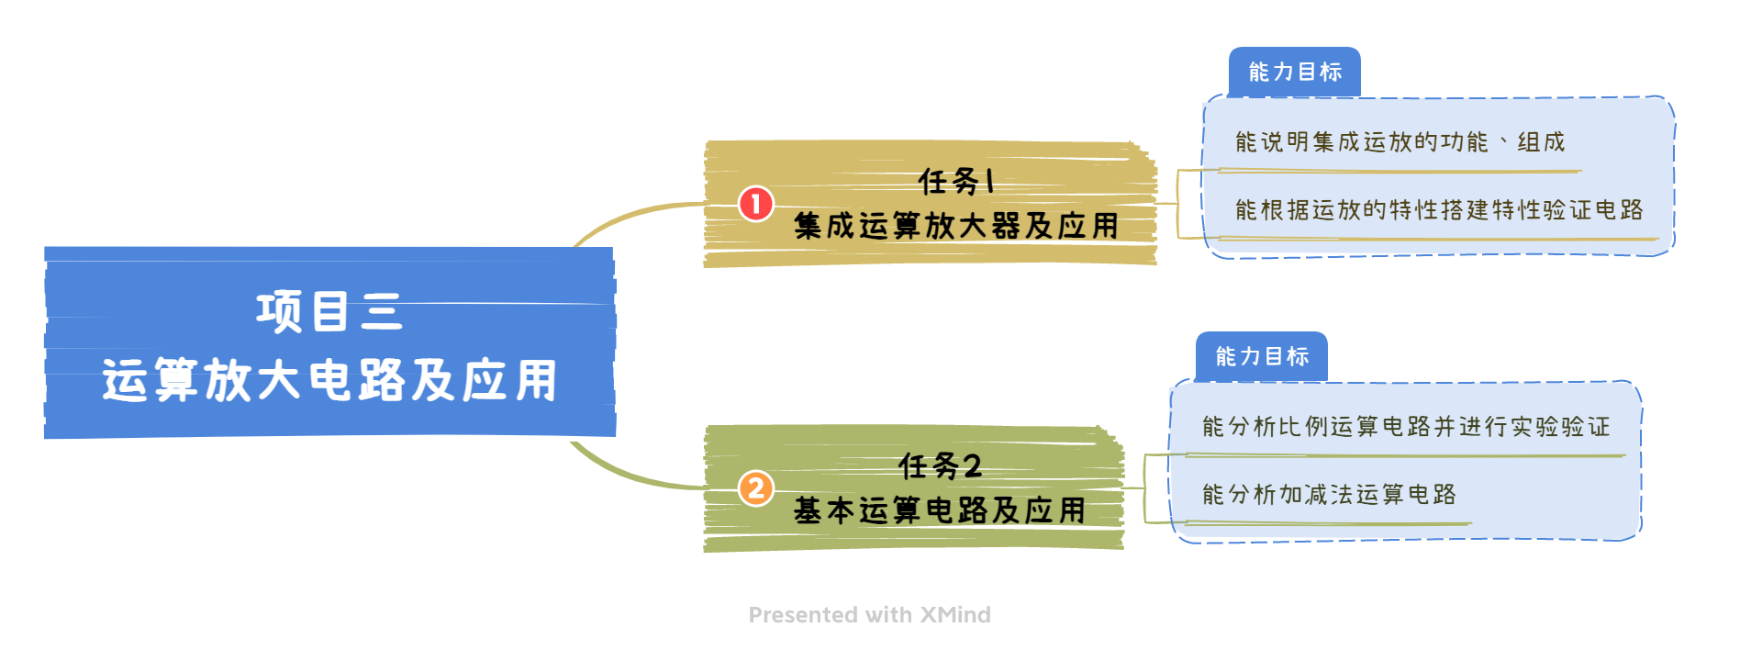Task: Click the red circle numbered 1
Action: (x=756, y=204)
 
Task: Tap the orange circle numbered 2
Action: (x=756, y=488)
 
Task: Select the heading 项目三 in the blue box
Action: (x=329, y=311)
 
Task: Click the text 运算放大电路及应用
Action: (x=329, y=380)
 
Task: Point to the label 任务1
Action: (x=957, y=181)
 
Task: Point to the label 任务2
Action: (x=940, y=466)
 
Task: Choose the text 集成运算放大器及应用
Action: (x=956, y=226)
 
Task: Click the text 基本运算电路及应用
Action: (x=940, y=510)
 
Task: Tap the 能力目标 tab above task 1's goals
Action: (x=1295, y=72)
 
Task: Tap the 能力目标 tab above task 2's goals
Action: (x=1262, y=356)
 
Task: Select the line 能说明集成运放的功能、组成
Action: (x=1400, y=142)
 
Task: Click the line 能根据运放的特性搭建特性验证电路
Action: (x=1438, y=210)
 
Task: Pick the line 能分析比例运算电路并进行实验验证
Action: (x=1405, y=427)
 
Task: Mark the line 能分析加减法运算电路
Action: (x=1329, y=495)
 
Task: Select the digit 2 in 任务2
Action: (x=972, y=466)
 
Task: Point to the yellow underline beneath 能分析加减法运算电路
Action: (x=1329, y=523)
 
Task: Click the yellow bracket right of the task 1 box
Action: (x=1178, y=204)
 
